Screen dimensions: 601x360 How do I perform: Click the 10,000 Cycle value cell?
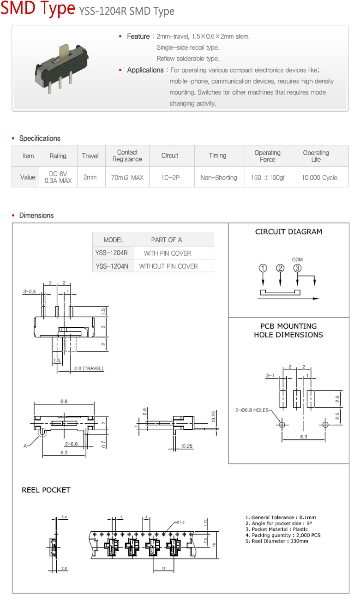319,178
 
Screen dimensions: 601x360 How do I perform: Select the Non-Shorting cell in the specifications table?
219,178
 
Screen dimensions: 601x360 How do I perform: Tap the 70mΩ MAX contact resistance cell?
127,178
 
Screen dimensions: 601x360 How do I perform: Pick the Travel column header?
90,156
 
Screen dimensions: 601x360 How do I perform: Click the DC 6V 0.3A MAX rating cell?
58,178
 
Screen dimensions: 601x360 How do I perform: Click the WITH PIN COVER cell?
167,253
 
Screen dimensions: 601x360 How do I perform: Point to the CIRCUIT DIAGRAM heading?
288,232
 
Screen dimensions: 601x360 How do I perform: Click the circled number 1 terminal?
263,268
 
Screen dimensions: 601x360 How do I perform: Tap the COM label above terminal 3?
297,260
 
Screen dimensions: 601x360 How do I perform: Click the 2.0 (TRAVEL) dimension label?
89,368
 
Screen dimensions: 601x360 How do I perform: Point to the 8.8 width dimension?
63,402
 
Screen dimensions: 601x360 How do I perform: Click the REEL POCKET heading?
46,490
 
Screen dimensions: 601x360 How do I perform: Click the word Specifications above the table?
40,138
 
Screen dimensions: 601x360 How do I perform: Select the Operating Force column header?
267,156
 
